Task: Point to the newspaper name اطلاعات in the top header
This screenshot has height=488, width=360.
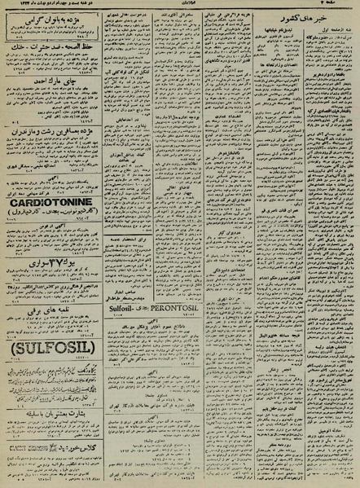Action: point(179,5)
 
